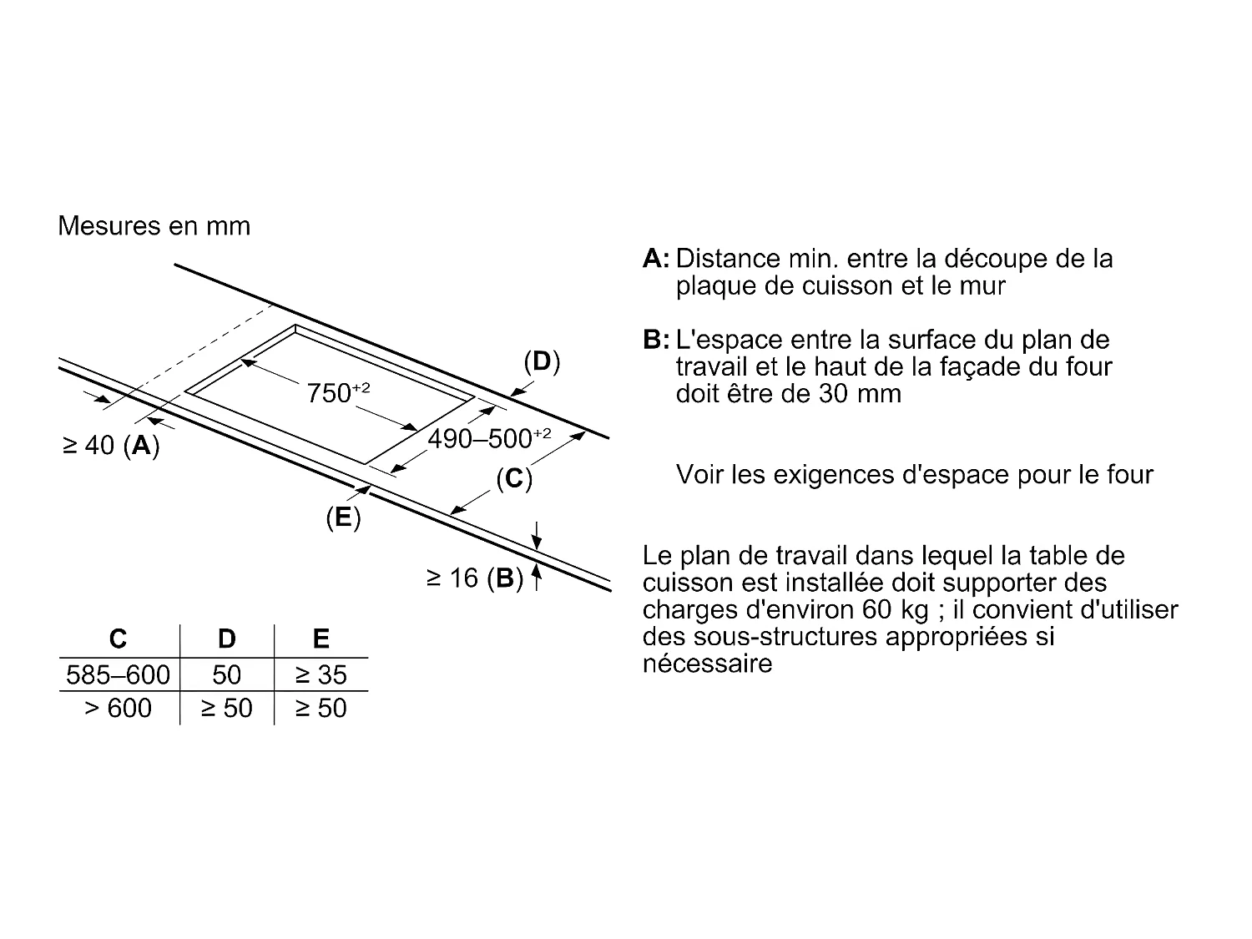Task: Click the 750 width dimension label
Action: pos(337,392)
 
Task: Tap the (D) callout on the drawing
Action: pos(542,361)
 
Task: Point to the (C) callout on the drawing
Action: pos(514,478)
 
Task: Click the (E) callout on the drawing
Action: pos(343,518)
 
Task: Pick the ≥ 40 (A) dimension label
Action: pos(111,446)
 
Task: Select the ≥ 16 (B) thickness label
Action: pos(474,578)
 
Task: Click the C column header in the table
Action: pos(119,639)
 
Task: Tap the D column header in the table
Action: pos(226,639)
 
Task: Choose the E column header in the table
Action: pos(321,639)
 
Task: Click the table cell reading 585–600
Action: pos(118,674)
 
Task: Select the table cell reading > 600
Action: pos(118,708)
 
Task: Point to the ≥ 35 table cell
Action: pos(321,674)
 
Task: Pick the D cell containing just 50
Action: pos(226,674)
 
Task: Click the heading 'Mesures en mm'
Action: pos(154,226)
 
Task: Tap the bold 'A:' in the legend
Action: pos(656,259)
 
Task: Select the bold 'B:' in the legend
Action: pos(656,340)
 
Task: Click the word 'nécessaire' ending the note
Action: pos(707,664)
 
